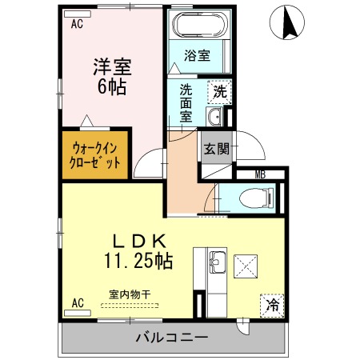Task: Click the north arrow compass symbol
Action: click(x=287, y=22)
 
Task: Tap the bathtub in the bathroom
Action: click(x=199, y=25)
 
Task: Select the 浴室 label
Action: click(x=197, y=55)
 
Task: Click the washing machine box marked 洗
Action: click(x=220, y=92)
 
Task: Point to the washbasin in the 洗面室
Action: click(x=214, y=116)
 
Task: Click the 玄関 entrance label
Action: click(x=217, y=149)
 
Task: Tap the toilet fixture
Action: click(x=257, y=198)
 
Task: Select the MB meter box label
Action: click(x=260, y=174)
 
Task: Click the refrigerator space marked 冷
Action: click(x=272, y=306)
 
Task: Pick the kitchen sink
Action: click(x=218, y=262)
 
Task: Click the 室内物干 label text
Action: click(x=130, y=294)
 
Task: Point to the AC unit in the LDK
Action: click(x=78, y=313)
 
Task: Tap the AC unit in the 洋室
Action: click(x=78, y=14)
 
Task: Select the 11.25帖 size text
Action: click(x=138, y=261)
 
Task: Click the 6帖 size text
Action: click(x=112, y=87)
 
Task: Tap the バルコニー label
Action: click(x=172, y=338)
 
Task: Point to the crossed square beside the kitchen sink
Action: click(x=246, y=266)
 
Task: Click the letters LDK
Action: click(x=139, y=241)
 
